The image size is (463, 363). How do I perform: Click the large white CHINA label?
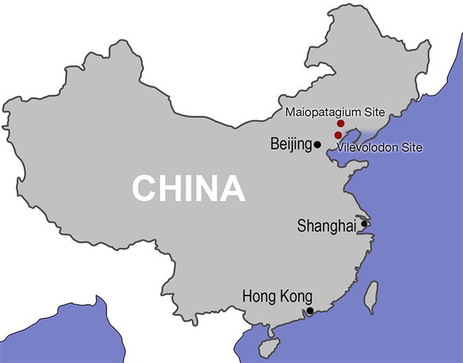click(189, 188)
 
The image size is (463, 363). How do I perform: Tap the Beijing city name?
click(291, 144)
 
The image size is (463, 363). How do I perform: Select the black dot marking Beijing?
click(317, 144)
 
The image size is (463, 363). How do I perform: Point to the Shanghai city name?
click(327, 226)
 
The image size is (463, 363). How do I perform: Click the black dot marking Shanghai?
click(363, 225)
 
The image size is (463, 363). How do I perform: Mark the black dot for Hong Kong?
click(310, 310)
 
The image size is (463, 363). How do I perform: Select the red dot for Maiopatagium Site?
click(341, 124)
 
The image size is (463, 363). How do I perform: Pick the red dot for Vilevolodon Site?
click(338, 135)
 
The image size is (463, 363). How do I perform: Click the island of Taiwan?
click(372, 298)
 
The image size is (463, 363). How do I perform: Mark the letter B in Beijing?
click(274, 143)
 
